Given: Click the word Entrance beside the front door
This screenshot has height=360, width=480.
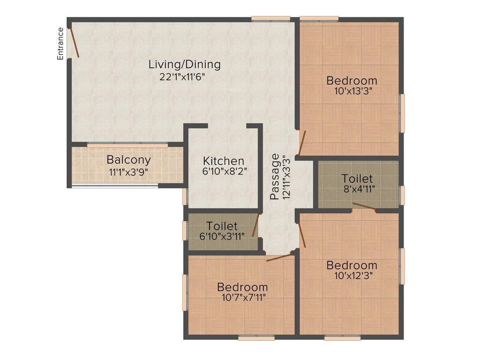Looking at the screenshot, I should [x=60, y=44].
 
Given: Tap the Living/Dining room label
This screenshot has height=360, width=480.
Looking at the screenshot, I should [x=185, y=64].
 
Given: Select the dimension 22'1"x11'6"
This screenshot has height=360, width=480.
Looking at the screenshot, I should [x=182, y=76].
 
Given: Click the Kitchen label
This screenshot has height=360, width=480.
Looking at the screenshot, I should [x=223, y=161].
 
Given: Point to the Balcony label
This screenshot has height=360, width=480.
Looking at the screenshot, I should [x=128, y=160].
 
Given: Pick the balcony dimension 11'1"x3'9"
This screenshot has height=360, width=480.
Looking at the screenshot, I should [x=128, y=172].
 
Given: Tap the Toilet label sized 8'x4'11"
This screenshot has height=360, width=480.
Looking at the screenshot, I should [x=357, y=179].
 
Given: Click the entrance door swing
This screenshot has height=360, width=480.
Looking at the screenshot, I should [x=74, y=43].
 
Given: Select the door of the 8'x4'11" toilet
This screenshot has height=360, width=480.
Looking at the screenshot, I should [x=364, y=206].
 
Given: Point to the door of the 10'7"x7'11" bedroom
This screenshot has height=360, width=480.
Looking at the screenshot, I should [x=278, y=257].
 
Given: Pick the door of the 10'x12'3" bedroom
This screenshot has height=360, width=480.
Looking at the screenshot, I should [x=302, y=235].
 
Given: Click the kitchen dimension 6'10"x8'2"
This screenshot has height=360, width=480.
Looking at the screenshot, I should [x=223, y=172].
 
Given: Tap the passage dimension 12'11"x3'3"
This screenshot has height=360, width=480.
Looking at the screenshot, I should [x=286, y=177].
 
